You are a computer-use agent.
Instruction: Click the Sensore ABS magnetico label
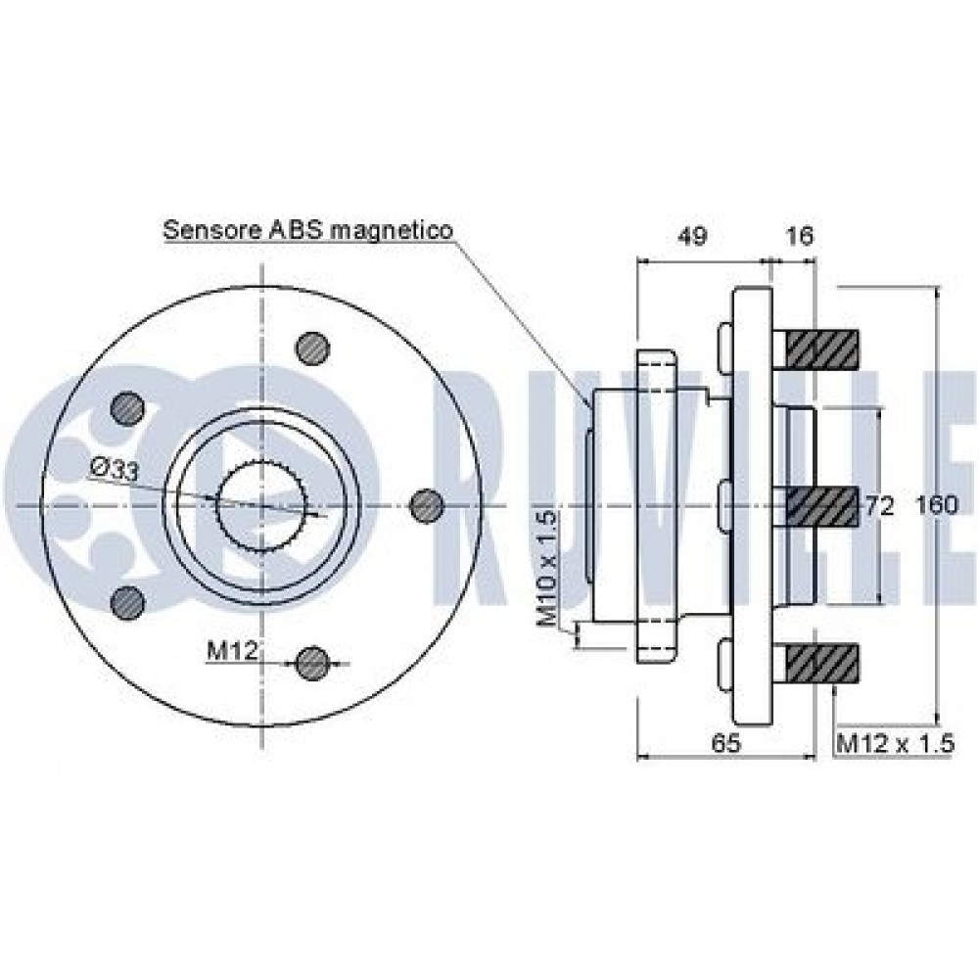pos(307,230)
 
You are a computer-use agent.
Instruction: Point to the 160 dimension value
pos(937,506)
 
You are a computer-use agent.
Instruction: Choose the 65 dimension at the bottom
pos(724,743)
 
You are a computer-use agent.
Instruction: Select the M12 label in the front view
pos(231,650)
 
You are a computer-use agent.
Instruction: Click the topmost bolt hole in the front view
pos(312,346)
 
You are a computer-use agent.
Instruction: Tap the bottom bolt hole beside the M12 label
pos(312,663)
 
